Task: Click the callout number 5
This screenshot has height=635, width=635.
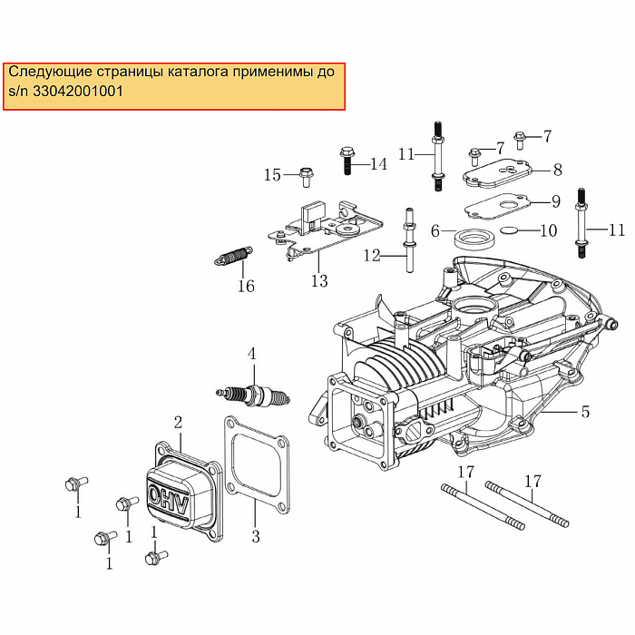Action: (585, 412)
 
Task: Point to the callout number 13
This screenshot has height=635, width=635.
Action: (319, 281)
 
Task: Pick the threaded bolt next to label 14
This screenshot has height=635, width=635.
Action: (348, 161)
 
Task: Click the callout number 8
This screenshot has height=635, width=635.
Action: (557, 169)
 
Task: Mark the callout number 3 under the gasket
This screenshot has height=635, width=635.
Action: (256, 537)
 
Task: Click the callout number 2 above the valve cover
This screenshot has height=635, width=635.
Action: (179, 422)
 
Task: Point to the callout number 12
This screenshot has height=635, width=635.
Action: (373, 257)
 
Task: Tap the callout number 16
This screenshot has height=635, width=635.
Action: (246, 287)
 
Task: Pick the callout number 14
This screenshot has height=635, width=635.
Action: (378, 164)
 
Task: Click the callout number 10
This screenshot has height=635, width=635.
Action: (548, 230)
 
